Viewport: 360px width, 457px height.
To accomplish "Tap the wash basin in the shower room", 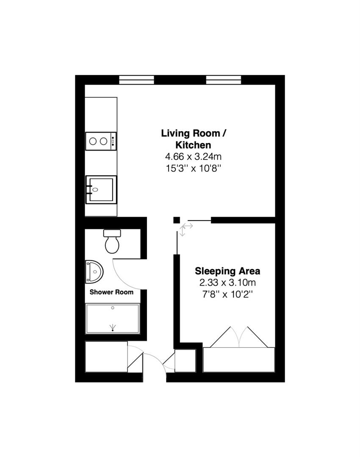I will tap(94, 271).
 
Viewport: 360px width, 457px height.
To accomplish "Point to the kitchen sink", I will tap(101, 189).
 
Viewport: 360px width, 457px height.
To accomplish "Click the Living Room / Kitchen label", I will tap(194, 139).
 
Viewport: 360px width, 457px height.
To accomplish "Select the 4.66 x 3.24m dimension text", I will tap(194, 157).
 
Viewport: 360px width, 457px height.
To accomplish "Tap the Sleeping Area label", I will tap(227, 271).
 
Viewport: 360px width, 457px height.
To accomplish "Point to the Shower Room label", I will tap(111, 292).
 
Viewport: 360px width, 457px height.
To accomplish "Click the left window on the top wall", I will tap(136, 80).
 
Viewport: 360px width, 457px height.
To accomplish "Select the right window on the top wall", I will tap(223, 80).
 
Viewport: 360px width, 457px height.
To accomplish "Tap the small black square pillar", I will tap(176, 220).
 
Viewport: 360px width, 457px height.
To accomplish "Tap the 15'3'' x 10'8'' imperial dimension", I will tap(194, 168).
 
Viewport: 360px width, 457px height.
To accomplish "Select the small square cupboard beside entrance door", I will tap(186, 361).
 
